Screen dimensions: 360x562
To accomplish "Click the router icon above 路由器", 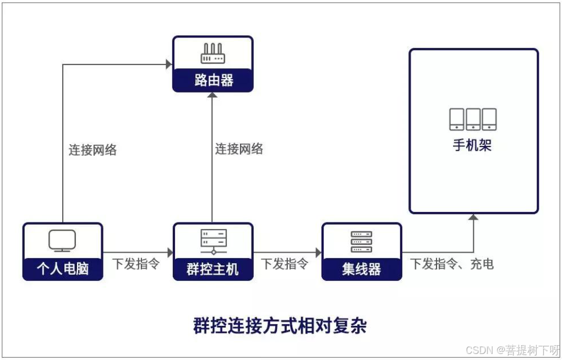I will (x=212, y=53).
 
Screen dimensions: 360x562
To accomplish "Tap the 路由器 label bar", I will (x=213, y=80).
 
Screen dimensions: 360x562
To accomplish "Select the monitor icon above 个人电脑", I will (x=62, y=241).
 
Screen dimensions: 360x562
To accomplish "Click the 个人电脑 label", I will (x=63, y=269).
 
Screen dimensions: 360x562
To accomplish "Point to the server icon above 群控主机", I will (x=213, y=241).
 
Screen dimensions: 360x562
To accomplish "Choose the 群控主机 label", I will (x=213, y=269).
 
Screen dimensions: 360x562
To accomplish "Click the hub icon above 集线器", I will (x=362, y=241).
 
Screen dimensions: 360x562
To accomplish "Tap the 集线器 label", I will (x=362, y=269).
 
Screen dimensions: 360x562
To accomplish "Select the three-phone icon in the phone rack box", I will (x=473, y=119).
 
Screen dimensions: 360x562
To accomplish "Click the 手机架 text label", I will (x=473, y=145).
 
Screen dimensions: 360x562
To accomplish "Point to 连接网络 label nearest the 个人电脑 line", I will (x=92, y=150).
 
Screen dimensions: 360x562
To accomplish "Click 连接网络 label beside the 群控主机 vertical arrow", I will (x=239, y=149).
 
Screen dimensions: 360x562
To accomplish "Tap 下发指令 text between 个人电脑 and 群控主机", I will (x=136, y=264).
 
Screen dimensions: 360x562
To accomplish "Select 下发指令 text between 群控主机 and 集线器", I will (x=285, y=264).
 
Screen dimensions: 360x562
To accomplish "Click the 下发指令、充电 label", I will (x=452, y=264).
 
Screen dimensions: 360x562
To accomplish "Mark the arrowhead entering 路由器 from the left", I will (x=169, y=64).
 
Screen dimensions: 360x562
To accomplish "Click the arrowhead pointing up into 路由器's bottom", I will (x=212, y=96).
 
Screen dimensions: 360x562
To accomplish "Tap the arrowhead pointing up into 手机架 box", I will (x=473, y=217).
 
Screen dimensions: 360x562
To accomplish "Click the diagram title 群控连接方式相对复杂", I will (x=280, y=325).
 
